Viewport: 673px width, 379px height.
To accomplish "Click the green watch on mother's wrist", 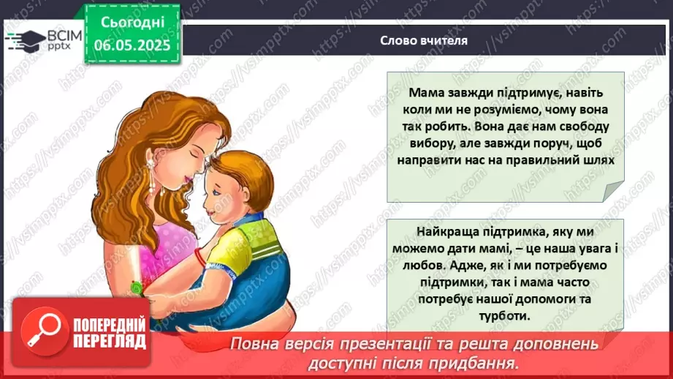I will click(137, 288).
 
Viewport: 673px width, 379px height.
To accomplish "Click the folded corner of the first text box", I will click(615, 192).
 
